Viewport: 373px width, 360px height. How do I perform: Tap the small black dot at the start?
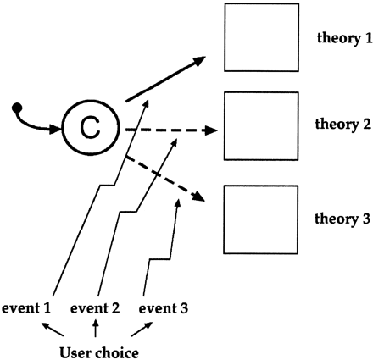[x=16, y=107]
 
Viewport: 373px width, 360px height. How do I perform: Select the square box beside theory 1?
[x=260, y=37]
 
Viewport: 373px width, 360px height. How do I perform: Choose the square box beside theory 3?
[x=260, y=219]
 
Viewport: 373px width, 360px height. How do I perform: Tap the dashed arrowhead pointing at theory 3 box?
[x=200, y=197]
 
